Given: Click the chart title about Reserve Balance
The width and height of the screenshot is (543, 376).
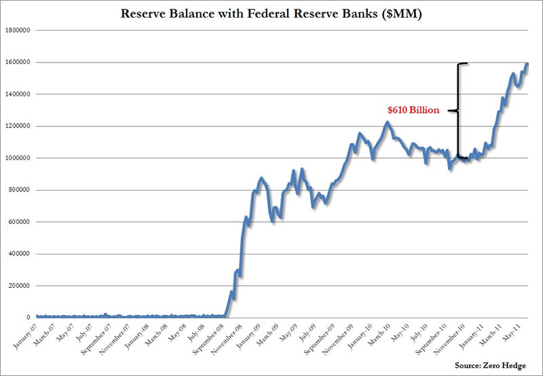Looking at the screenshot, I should coord(271,14).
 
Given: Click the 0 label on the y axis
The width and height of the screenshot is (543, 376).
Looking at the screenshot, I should coord(27,318).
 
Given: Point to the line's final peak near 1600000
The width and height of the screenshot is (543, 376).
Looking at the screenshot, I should coord(527,64).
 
